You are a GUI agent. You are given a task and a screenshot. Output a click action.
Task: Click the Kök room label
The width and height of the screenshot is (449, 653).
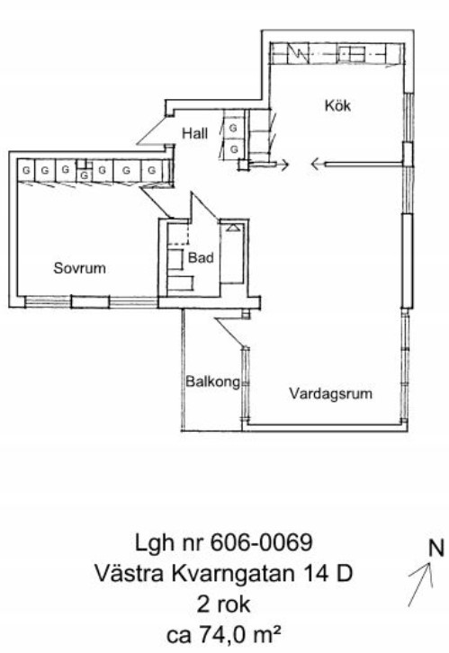point(337,105)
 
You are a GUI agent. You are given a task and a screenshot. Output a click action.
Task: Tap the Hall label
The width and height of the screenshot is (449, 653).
point(195,133)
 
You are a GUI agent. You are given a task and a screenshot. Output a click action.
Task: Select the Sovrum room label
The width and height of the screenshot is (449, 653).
point(79,268)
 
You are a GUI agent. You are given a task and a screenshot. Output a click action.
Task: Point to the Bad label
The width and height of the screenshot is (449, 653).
point(201,257)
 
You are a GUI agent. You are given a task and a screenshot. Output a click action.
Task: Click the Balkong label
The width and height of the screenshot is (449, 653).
point(213,381)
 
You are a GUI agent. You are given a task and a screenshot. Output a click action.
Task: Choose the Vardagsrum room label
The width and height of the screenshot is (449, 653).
point(331,393)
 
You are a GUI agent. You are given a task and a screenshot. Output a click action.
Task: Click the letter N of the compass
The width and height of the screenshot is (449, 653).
point(436,548)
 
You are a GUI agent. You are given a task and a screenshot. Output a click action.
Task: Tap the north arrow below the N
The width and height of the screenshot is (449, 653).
point(420,585)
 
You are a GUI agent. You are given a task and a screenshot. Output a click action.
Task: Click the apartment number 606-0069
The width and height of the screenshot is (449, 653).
point(262,542)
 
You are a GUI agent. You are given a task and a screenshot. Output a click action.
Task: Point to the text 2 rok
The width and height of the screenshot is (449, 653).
point(224,604)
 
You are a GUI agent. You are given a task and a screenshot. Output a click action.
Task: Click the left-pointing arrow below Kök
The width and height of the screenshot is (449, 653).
point(357,165)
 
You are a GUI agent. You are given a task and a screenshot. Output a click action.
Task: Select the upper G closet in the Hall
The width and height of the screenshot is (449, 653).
point(233,128)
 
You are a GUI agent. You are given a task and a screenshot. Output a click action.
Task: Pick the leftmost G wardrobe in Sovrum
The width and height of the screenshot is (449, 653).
point(26,170)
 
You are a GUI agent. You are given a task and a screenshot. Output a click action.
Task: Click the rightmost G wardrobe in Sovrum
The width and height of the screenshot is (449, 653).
point(152,170)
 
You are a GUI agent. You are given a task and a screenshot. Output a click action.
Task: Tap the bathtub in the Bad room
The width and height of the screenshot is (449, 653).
point(231,253)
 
